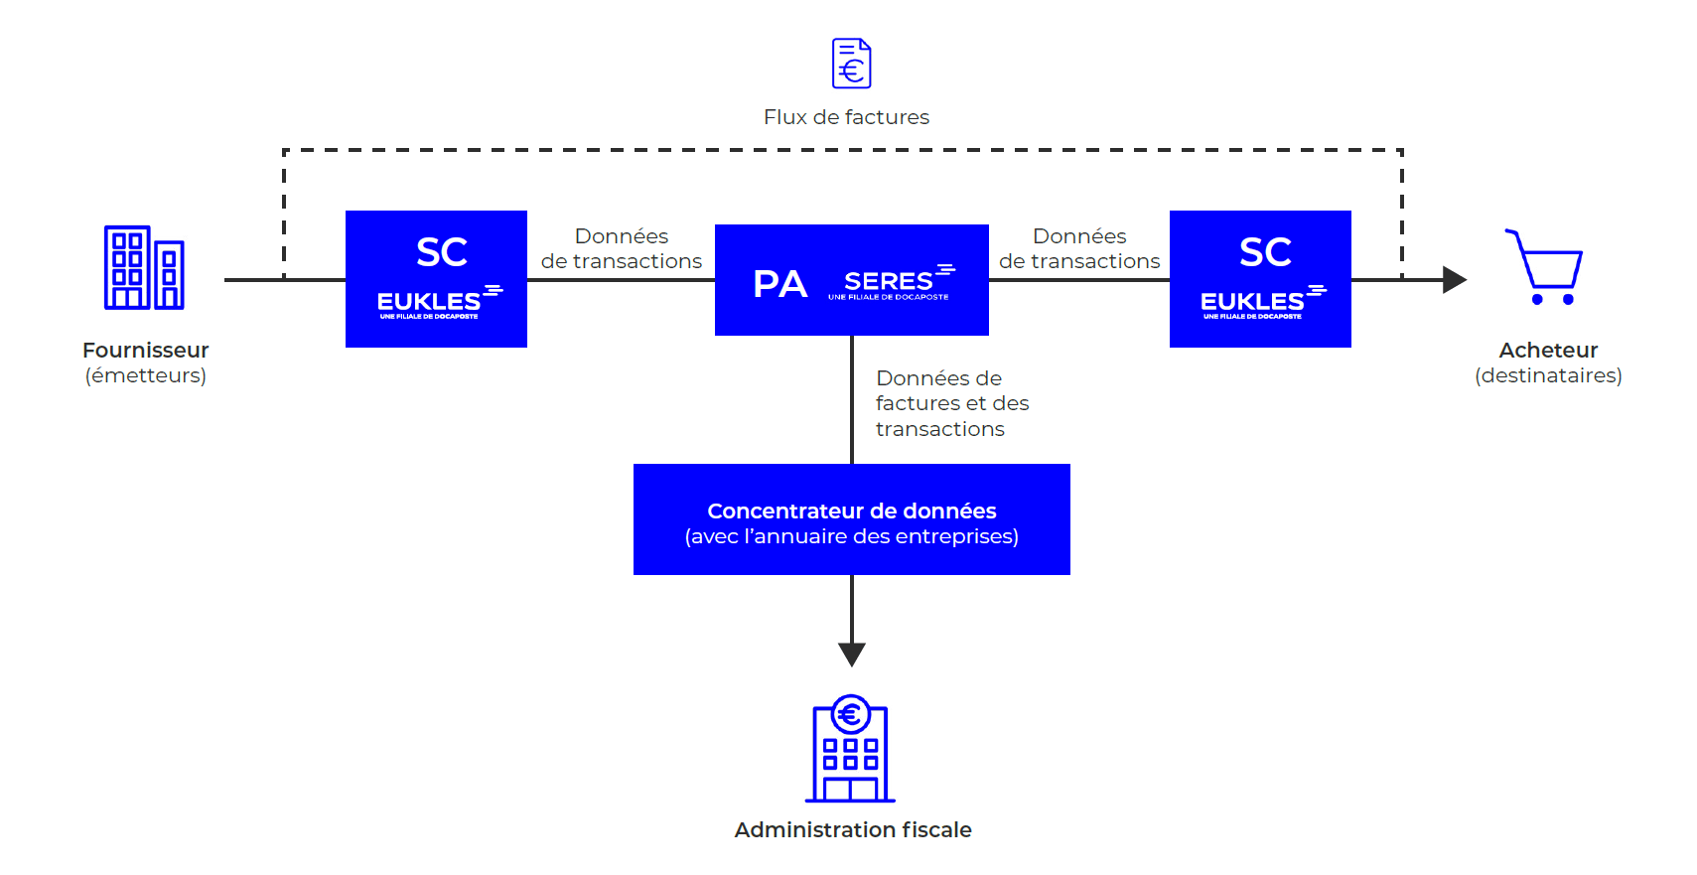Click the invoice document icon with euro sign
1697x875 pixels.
pyautogui.click(x=851, y=64)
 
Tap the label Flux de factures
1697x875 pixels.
pyautogui.click(x=846, y=117)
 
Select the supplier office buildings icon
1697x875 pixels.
pyautogui.click(x=144, y=267)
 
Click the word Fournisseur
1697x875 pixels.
pyautogui.click(x=145, y=351)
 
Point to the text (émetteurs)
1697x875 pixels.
pyautogui.click(x=145, y=375)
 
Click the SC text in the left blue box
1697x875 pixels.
pyautogui.click(x=442, y=252)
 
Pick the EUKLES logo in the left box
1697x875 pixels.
pyautogui.click(x=438, y=302)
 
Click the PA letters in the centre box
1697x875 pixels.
pyautogui.click(x=779, y=284)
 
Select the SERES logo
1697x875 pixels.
pyautogui.click(x=891, y=283)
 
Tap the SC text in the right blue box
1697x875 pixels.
pyautogui.click(x=1265, y=252)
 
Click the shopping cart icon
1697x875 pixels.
pyautogui.click(x=1544, y=267)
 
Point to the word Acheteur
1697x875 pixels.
pyautogui.click(x=1548, y=351)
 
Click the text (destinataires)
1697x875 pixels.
pyautogui.click(x=1548, y=375)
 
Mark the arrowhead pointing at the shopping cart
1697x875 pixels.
pyautogui.click(x=1454, y=280)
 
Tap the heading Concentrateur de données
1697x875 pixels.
pyautogui.click(x=851, y=510)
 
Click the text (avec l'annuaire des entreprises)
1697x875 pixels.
pyautogui.click(x=851, y=536)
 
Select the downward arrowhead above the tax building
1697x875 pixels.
pyautogui.click(x=852, y=654)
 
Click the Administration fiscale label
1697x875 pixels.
pyautogui.click(x=852, y=830)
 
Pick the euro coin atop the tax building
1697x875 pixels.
pyautogui.click(x=850, y=713)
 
